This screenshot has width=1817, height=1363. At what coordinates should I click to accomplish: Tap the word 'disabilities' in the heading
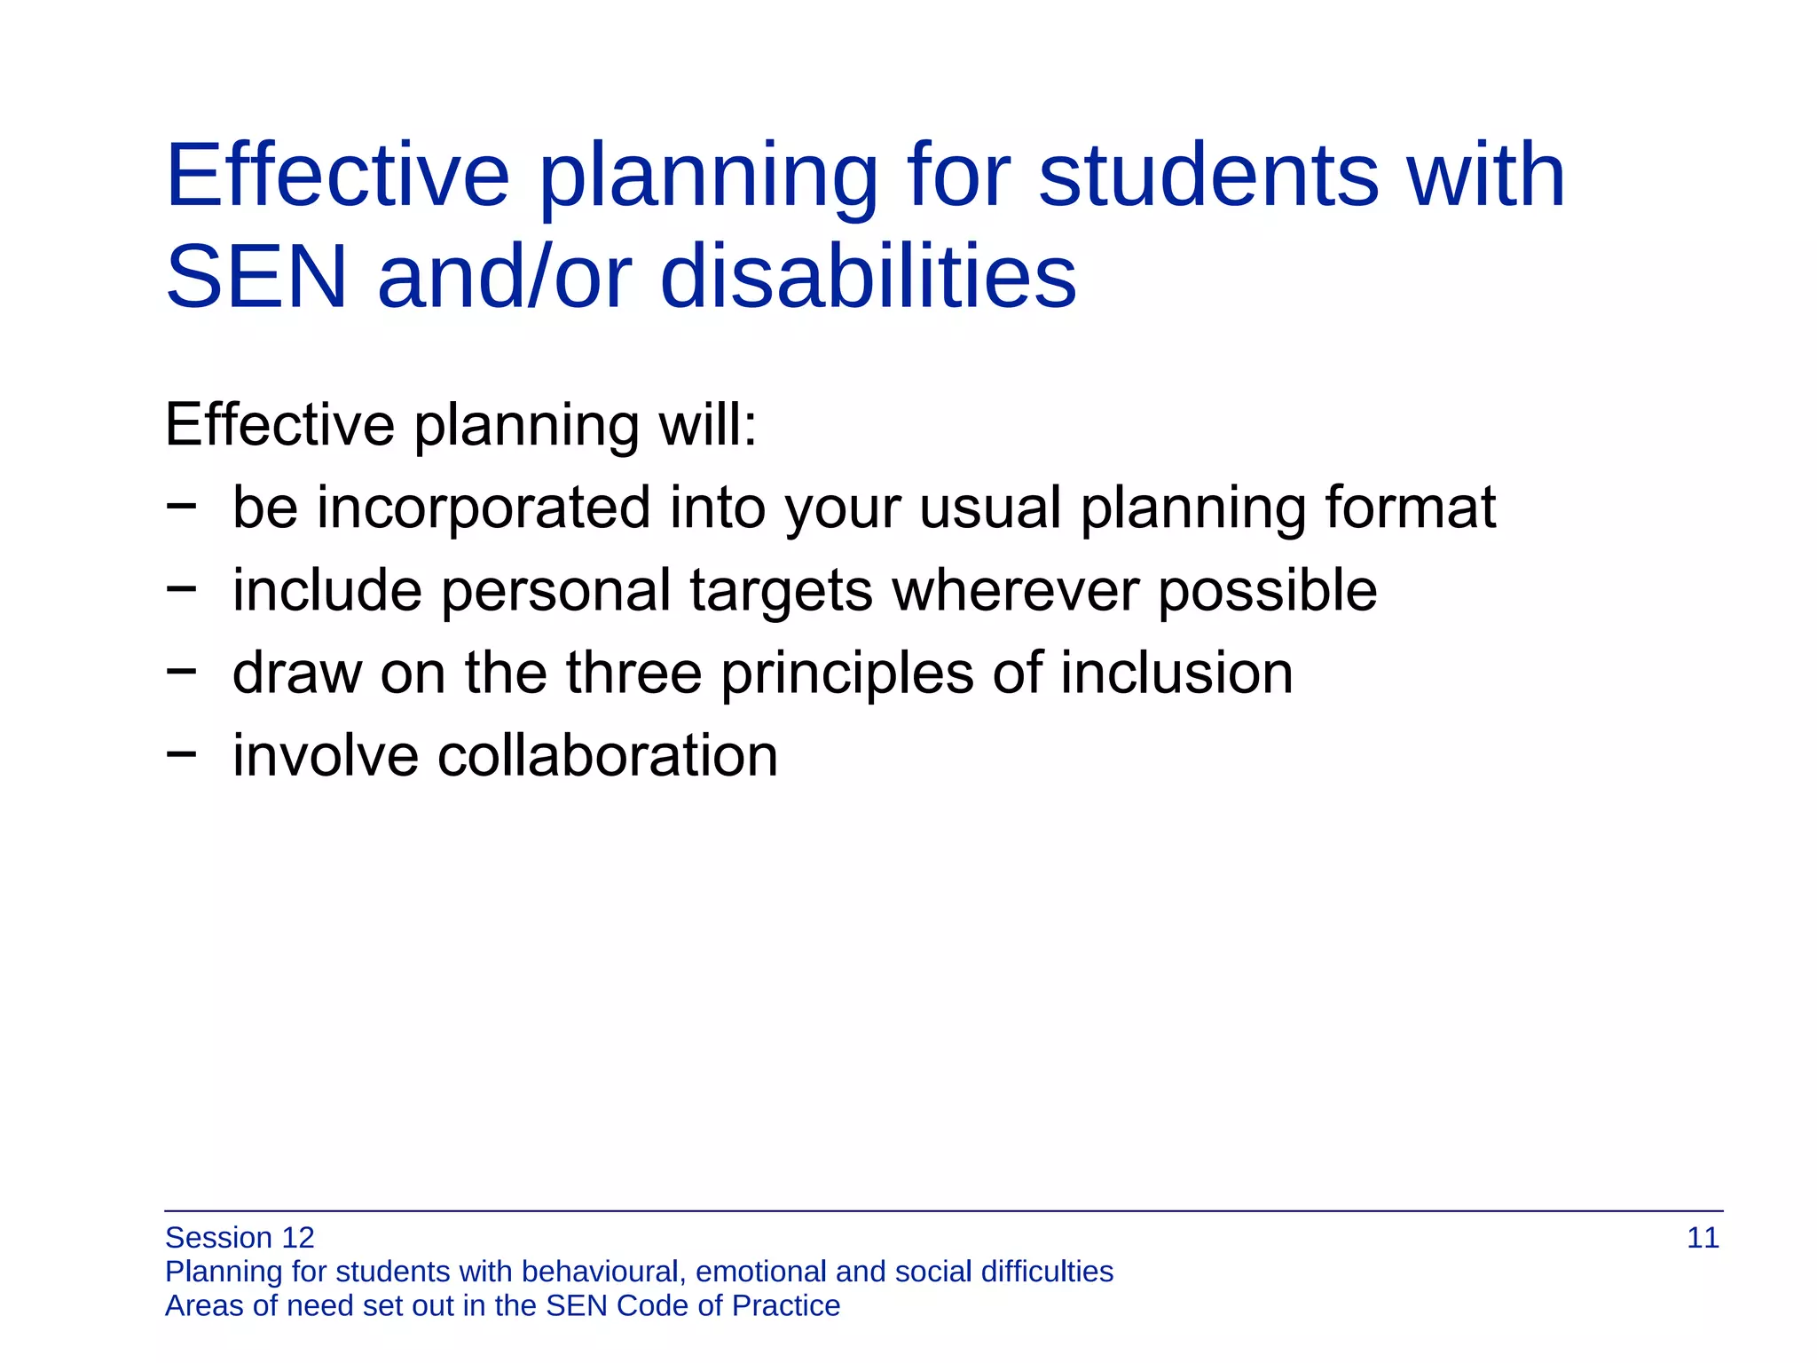point(868,277)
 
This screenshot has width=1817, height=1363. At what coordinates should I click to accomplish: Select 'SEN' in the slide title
point(256,279)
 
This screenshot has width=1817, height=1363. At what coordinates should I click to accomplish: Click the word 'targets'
point(781,593)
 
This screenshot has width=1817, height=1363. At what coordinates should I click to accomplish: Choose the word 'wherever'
point(1015,591)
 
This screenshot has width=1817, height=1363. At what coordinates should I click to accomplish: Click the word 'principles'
point(846,674)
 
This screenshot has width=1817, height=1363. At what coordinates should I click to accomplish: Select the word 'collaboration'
point(607,756)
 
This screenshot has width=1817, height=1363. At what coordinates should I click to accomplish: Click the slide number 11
point(1702,1238)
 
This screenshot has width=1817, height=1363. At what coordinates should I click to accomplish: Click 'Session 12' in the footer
point(240,1238)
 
